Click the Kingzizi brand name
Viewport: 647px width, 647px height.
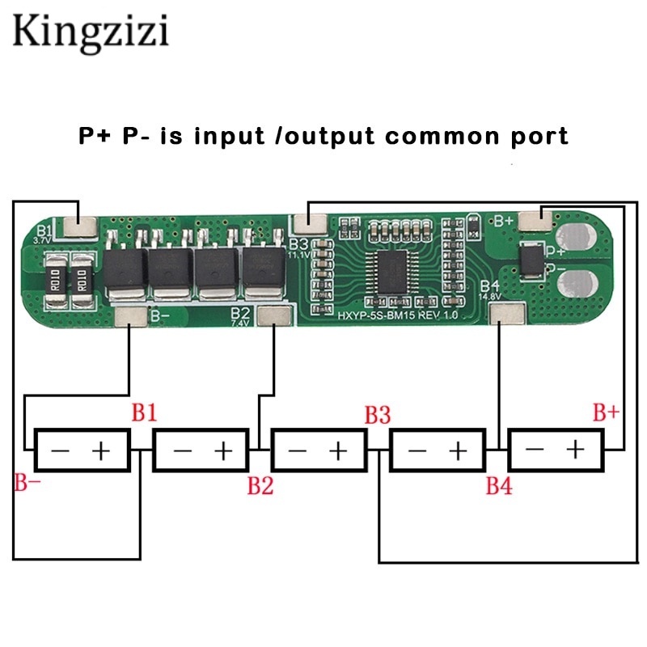coord(90,33)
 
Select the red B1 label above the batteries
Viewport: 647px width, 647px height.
coord(144,413)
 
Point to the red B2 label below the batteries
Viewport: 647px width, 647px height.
coord(260,485)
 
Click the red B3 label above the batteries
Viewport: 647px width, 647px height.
coord(378,415)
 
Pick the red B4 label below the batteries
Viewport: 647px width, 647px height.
coord(498,485)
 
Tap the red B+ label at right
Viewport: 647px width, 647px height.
coord(606,413)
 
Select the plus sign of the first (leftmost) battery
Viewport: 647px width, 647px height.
coord(102,450)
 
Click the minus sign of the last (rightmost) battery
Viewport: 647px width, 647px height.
coord(535,450)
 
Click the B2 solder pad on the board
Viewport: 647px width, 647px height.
coord(273,315)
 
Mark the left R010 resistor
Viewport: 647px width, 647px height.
coord(56,281)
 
